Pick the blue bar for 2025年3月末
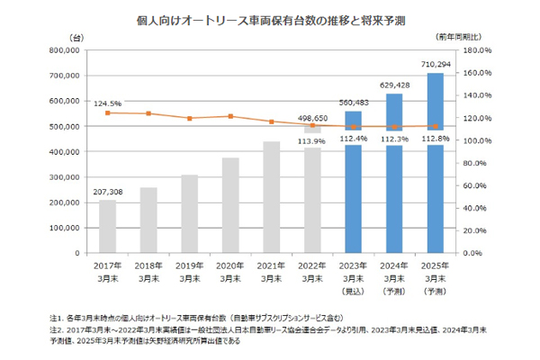[435, 162]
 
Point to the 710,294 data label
[435, 65]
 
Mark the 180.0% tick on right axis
[476, 50]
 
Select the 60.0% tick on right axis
[474, 185]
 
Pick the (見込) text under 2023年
[353, 293]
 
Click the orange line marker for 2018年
[148, 113]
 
